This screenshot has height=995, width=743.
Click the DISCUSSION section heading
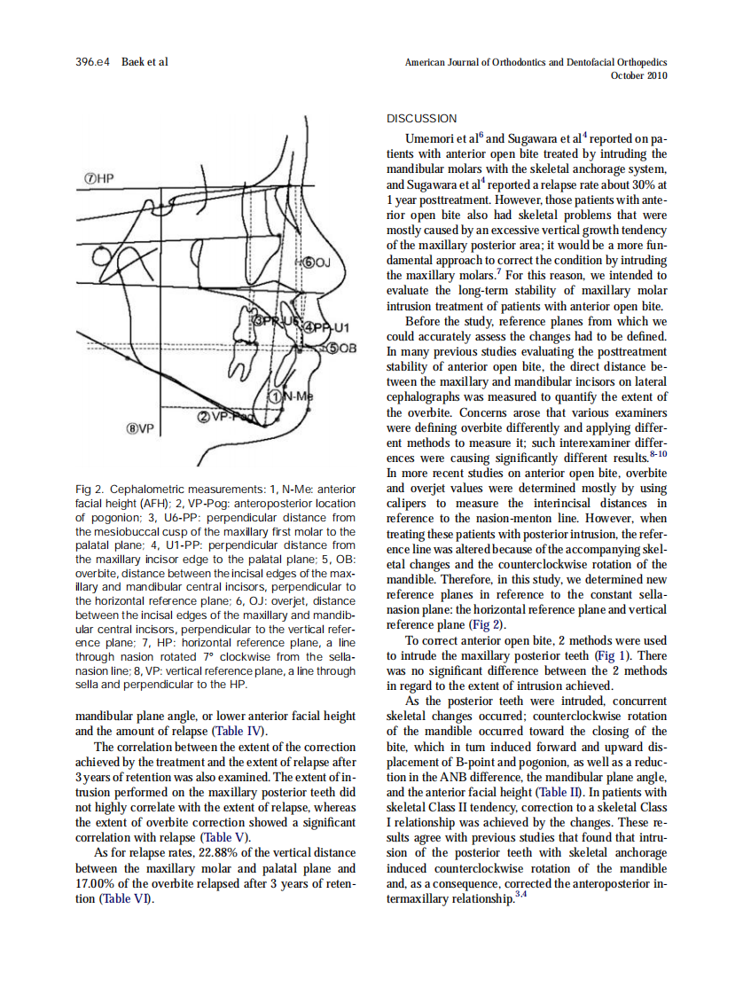click(x=422, y=119)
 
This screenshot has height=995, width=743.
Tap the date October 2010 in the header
click(x=639, y=76)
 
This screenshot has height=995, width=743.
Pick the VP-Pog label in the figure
click(x=225, y=417)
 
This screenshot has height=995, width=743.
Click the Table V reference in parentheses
click(x=224, y=836)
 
